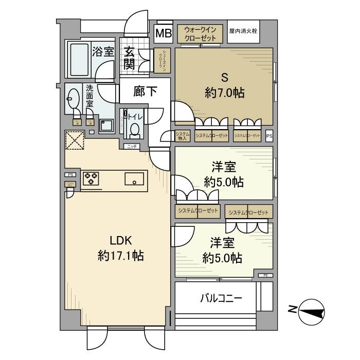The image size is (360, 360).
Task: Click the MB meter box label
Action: [x=164, y=35]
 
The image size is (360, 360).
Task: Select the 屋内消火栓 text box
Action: [x=243, y=31]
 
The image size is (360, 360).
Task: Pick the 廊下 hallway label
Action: [x=145, y=91]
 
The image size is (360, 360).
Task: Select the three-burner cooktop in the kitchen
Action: [x=91, y=178]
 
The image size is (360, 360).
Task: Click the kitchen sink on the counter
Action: [x=135, y=179]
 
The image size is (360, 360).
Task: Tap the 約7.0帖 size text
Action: [x=224, y=93]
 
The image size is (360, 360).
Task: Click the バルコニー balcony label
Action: [x=220, y=298]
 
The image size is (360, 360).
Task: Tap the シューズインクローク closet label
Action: [x=161, y=60]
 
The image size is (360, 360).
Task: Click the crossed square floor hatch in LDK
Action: [x=75, y=139]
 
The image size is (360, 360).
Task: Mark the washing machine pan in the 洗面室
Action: [x=107, y=125]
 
